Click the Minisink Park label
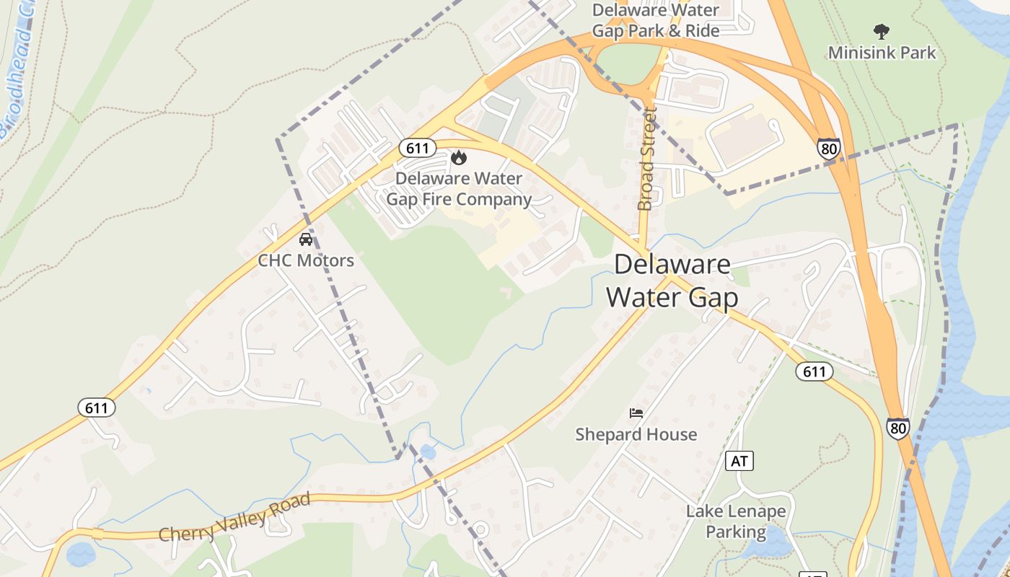coord(882,53)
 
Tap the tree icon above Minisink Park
coord(881,31)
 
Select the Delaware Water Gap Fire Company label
coord(459,189)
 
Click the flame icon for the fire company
coord(458,157)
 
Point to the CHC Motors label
coord(306,260)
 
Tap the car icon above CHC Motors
coord(306,239)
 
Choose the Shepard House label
coord(636,434)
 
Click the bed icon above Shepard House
coord(636,413)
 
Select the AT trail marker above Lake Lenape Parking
coord(739,461)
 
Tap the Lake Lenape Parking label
coord(735,521)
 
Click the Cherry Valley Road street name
coord(234,518)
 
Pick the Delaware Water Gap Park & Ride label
coord(655,20)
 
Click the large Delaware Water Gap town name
coord(672,281)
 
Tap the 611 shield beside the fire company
coord(417,149)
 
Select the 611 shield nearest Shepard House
coord(814,371)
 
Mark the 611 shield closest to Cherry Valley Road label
coord(96,408)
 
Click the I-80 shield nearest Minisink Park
coord(829,149)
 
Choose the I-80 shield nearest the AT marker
coord(898,428)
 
